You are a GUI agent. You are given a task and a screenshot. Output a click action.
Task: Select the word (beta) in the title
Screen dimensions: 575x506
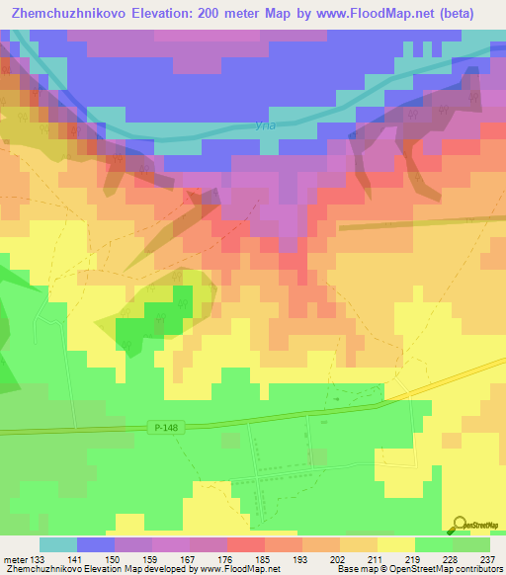[x=456, y=14]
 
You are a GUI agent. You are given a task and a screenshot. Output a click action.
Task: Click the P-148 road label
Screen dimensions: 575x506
[x=166, y=427]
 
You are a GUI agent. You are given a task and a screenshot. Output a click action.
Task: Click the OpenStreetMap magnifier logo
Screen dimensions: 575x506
[x=461, y=525]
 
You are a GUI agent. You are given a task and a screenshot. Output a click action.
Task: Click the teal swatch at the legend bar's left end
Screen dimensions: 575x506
[x=58, y=544]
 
